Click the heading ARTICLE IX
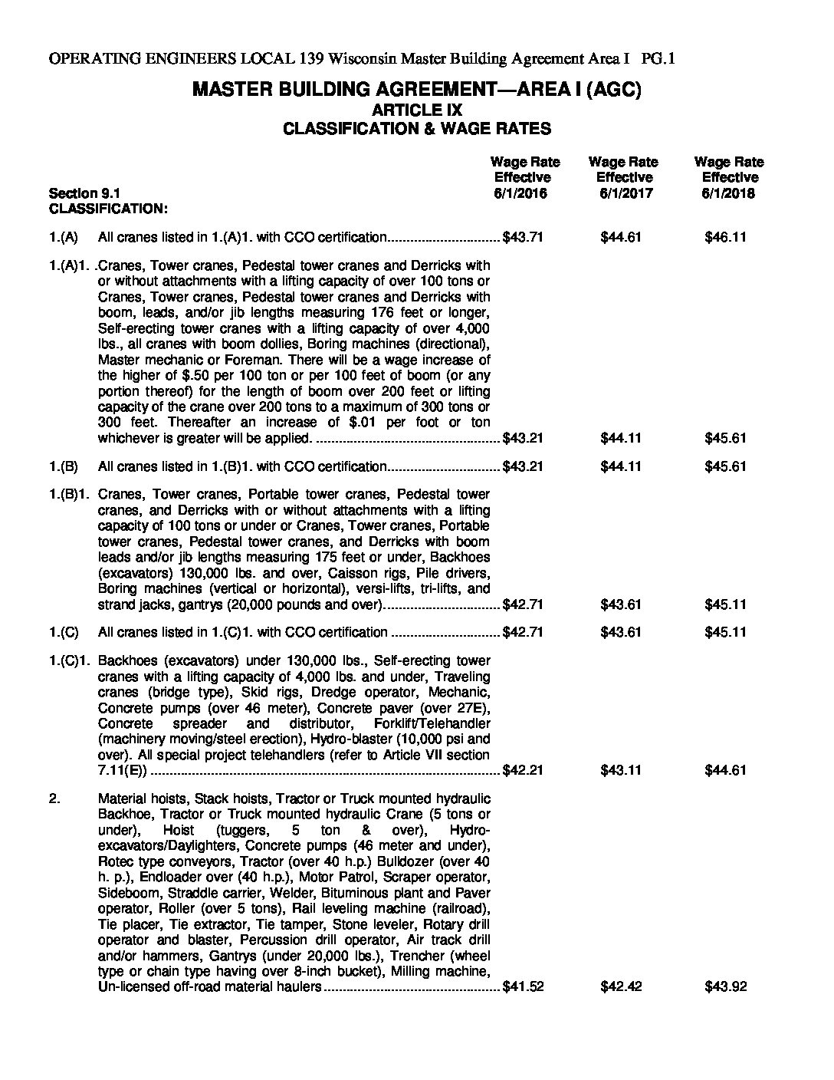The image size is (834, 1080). tap(416, 110)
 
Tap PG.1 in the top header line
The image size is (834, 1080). tap(658, 58)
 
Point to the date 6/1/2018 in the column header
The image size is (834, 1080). tap(728, 193)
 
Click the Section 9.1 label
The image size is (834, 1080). tap(84, 193)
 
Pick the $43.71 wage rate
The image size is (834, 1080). tap(523, 237)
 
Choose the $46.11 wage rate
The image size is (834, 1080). tap(725, 237)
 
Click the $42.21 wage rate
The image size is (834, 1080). tap(523, 770)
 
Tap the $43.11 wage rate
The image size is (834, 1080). tap(621, 770)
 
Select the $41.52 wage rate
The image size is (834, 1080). tap(523, 986)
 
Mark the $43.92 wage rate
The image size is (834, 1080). tap(725, 986)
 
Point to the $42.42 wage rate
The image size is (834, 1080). tap(621, 986)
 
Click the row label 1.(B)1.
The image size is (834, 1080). tap(69, 494)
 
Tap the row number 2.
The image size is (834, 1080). tap(54, 798)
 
